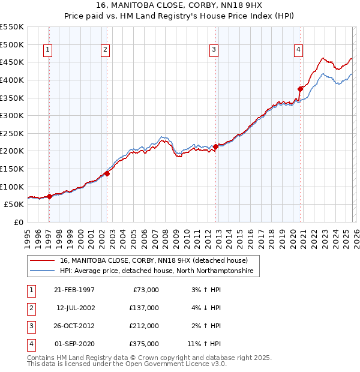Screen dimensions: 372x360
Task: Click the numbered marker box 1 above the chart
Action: click(47, 50)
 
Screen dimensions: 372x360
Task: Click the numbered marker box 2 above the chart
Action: click(105, 50)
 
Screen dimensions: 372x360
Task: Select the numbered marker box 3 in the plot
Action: click(214, 50)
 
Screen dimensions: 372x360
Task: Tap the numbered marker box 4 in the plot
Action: click(298, 50)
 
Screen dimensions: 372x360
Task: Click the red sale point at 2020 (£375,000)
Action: click(299, 89)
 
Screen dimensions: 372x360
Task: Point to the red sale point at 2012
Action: click(215, 146)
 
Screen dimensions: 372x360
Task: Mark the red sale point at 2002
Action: click(107, 173)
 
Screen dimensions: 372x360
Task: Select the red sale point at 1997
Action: click(50, 196)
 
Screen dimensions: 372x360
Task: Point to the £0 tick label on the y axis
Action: click(17, 222)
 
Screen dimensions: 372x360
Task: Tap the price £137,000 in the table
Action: click(145, 308)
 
